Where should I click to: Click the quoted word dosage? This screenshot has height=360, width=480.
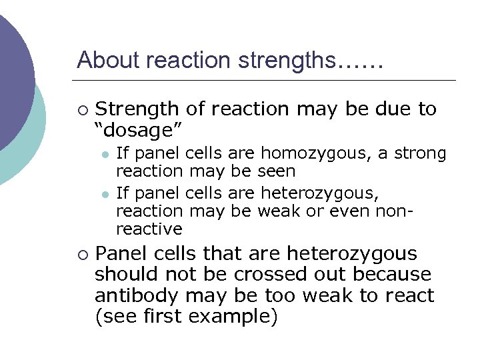click(x=139, y=128)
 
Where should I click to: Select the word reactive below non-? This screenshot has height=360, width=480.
click(x=149, y=229)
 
